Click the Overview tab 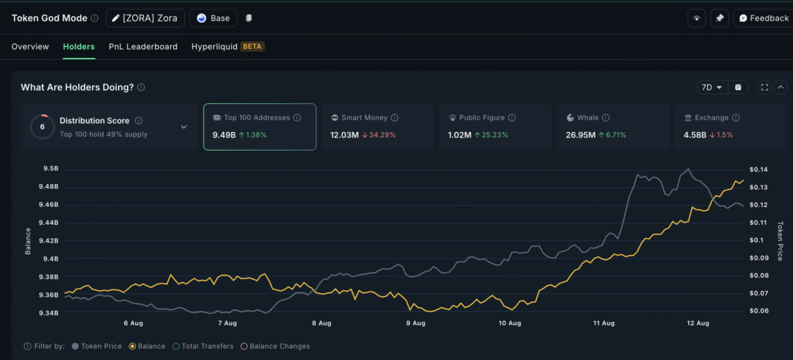pos(30,47)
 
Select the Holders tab pos(79,47)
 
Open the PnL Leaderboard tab pos(143,47)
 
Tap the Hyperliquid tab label pos(215,47)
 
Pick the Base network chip pos(213,19)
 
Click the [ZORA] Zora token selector pos(145,19)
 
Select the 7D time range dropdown pos(711,88)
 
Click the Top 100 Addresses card pos(260,127)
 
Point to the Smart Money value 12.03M pos(345,135)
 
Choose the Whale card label pos(587,118)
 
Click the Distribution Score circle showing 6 pos(42,127)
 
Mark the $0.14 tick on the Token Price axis pos(758,169)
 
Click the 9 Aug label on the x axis pos(416,324)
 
